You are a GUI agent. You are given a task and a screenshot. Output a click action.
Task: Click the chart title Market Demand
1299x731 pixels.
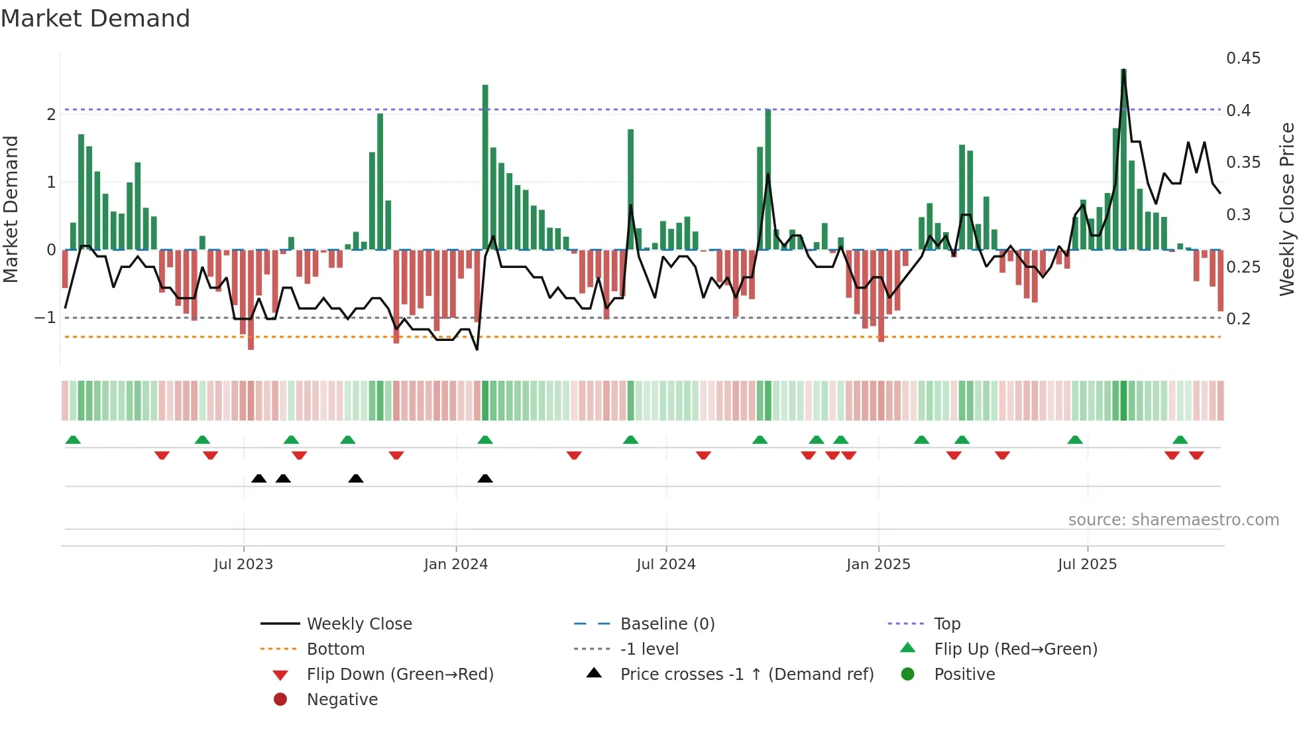(x=95, y=19)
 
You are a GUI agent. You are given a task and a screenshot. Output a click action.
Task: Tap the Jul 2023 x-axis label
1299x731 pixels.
(x=243, y=565)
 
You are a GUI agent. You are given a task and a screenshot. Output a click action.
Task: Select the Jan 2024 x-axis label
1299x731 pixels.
(x=456, y=565)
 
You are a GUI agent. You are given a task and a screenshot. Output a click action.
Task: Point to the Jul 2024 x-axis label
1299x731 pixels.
(x=666, y=565)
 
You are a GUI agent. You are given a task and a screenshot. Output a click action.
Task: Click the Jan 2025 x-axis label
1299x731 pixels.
(x=878, y=565)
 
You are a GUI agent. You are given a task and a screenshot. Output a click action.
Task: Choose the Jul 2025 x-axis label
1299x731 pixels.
(x=1087, y=565)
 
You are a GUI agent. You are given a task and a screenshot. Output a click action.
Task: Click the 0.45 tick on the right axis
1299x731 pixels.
(x=1243, y=58)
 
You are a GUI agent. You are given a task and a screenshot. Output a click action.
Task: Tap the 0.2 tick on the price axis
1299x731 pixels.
(x=1238, y=319)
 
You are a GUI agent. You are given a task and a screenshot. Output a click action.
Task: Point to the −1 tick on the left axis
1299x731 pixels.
(x=45, y=318)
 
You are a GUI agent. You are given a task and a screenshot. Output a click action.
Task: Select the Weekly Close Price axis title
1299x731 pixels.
(x=1286, y=209)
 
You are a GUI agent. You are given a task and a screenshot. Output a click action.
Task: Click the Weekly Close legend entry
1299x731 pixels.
(x=359, y=624)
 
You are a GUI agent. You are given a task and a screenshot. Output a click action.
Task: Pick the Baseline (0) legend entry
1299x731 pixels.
(x=667, y=624)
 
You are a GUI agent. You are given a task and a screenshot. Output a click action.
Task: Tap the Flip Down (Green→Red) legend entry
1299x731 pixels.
(x=400, y=675)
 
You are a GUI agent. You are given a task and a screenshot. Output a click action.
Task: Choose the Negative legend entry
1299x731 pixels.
(x=342, y=700)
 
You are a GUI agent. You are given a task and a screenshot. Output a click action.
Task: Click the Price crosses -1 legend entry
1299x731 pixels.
(x=746, y=675)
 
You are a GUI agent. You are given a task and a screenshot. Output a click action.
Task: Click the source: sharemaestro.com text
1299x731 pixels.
(x=1173, y=520)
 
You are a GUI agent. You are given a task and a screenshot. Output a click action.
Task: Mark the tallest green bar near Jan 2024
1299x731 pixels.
(x=485, y=166)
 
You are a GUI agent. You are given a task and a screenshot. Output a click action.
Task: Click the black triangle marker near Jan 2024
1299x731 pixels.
(x=485, y=478)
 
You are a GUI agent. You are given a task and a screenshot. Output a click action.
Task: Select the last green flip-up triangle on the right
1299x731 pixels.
(x=1180, y=440)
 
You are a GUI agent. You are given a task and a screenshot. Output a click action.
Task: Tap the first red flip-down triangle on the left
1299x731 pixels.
(x=162, y=455)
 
